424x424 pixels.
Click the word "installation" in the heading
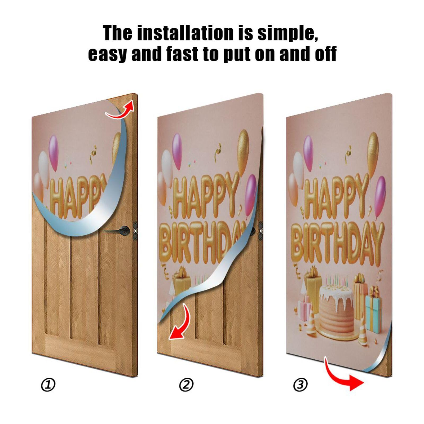tap(186, 33)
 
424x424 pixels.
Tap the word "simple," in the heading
tap(288, 34)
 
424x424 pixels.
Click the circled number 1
tap(48, 385)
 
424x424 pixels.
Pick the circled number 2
tap(186, 385)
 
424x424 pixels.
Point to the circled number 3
tap(300, 385)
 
